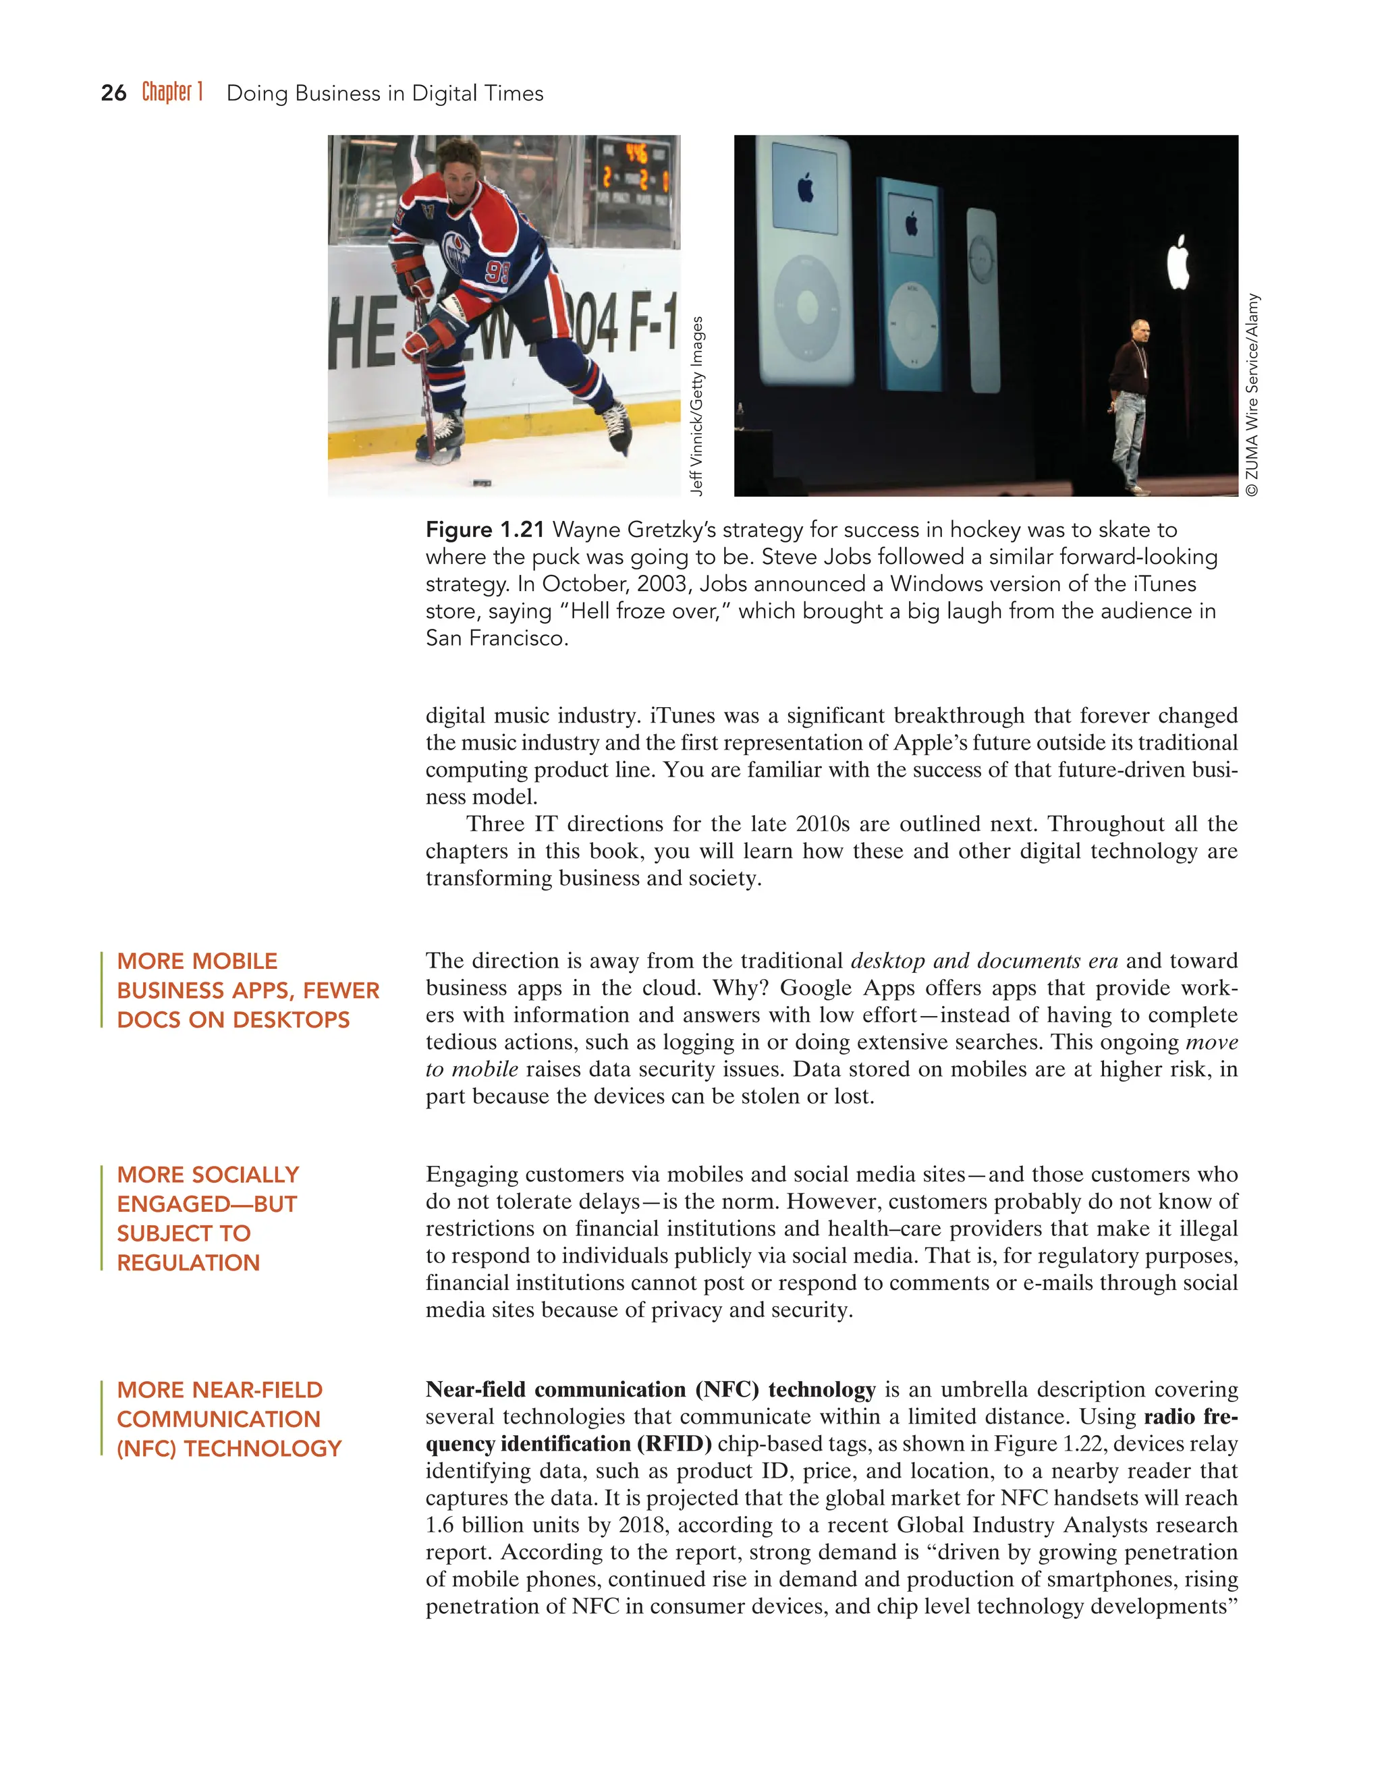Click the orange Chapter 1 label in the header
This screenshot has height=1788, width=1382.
point(172,92)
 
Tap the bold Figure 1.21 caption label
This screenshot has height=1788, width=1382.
point(485,530)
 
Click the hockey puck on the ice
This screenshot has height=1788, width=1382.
point(482,484)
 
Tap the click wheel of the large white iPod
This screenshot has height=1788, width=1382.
point(807,308)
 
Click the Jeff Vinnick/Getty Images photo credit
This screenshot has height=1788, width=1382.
point(696,406)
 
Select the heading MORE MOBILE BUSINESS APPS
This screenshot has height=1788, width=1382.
point(247,990)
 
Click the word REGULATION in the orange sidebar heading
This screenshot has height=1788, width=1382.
point(188,1262)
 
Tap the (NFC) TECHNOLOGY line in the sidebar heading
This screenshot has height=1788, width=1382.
point(229,1448)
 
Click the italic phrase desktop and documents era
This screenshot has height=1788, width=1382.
point(984,960)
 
